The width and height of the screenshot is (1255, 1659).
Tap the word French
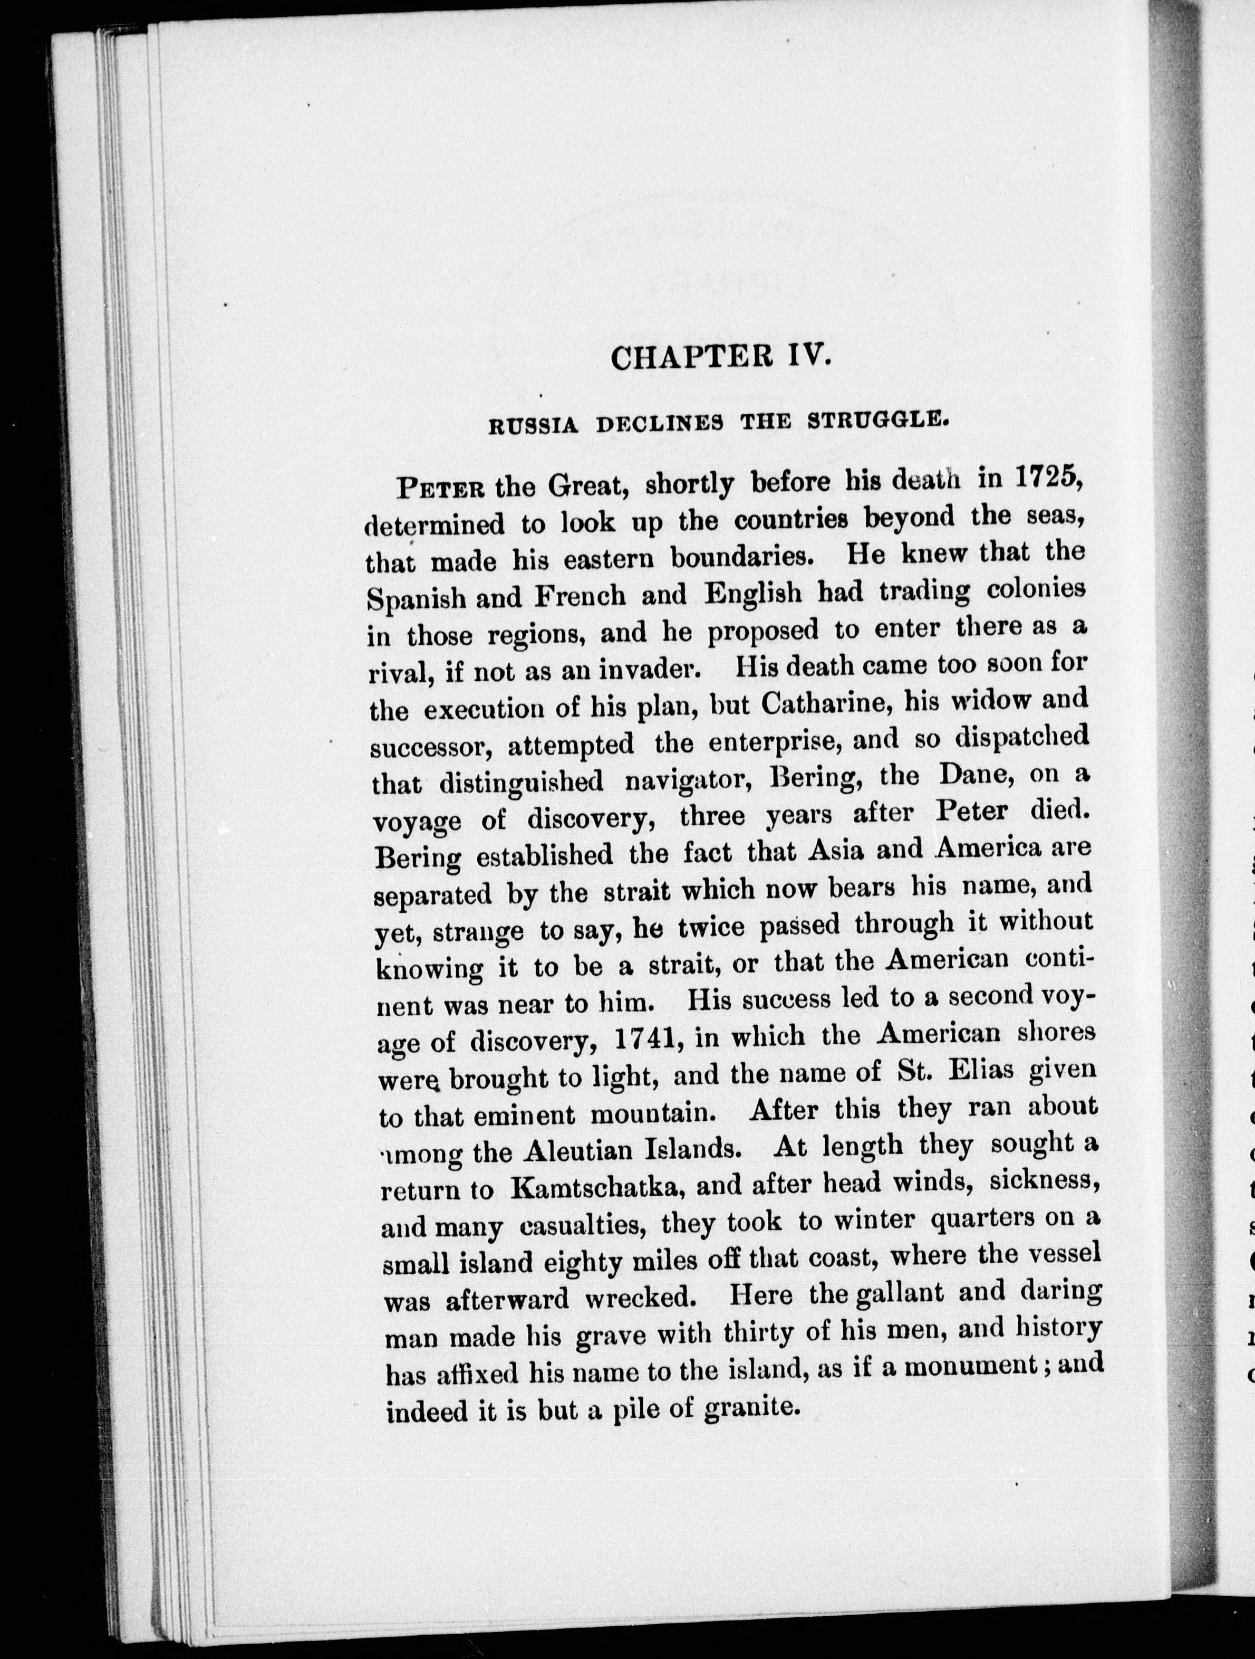(x=580, y=596)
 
